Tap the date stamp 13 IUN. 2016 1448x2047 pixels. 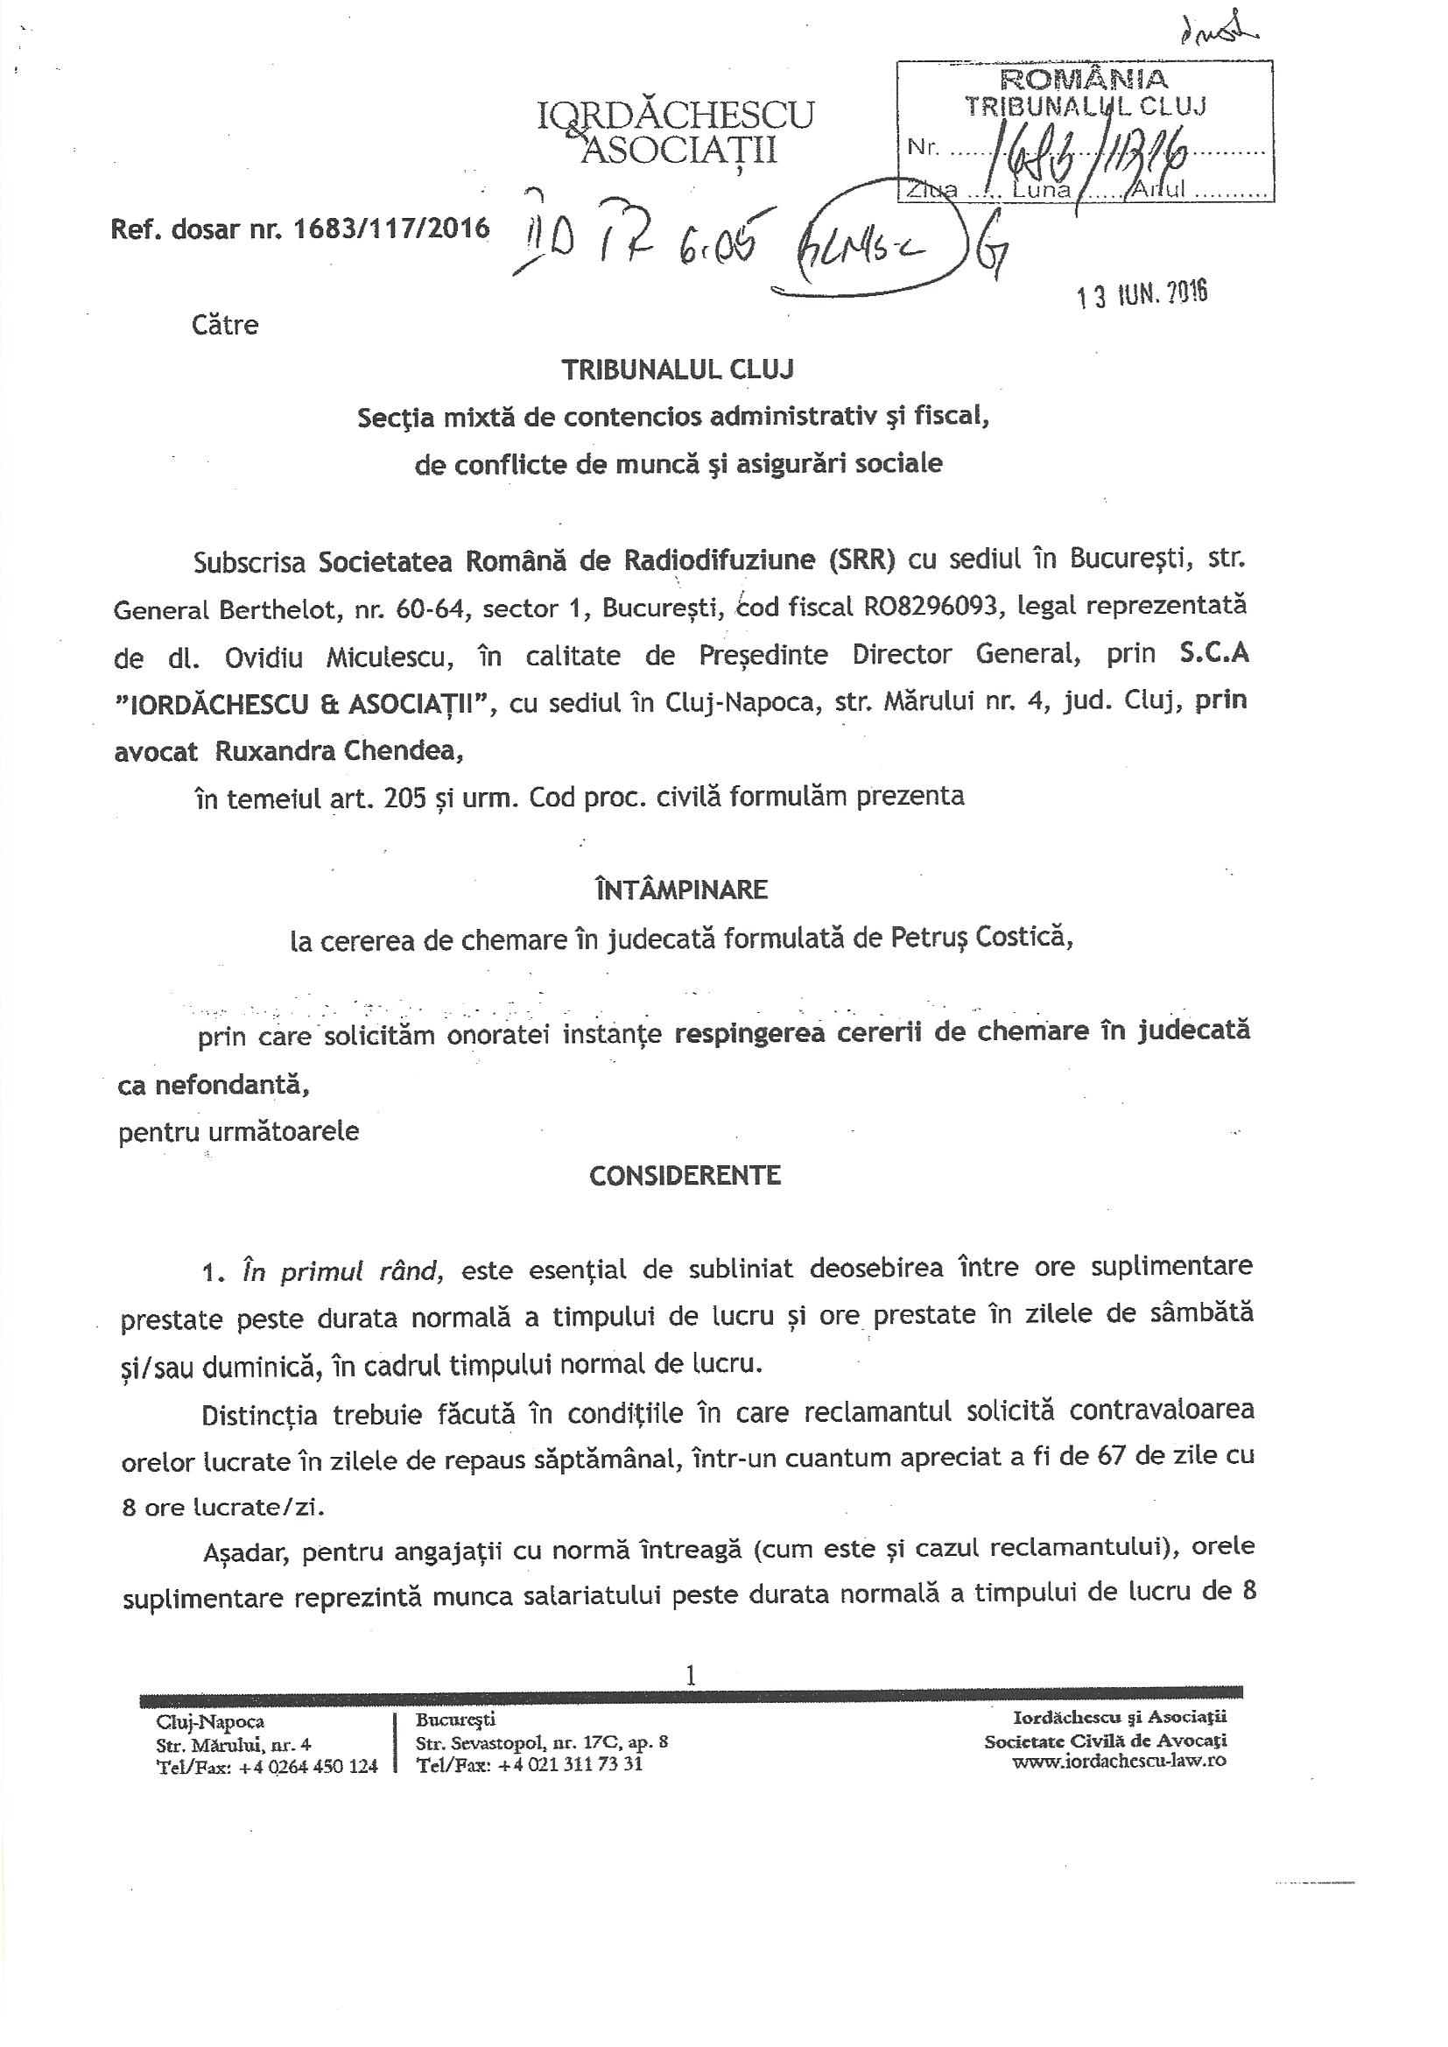[x=1142, y=293]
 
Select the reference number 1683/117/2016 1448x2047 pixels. [x=391, y=229]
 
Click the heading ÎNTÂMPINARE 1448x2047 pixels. [x=681, y=890]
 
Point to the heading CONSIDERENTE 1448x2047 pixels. [x=685, y=1175]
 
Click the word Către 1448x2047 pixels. [x=225, y=325]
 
